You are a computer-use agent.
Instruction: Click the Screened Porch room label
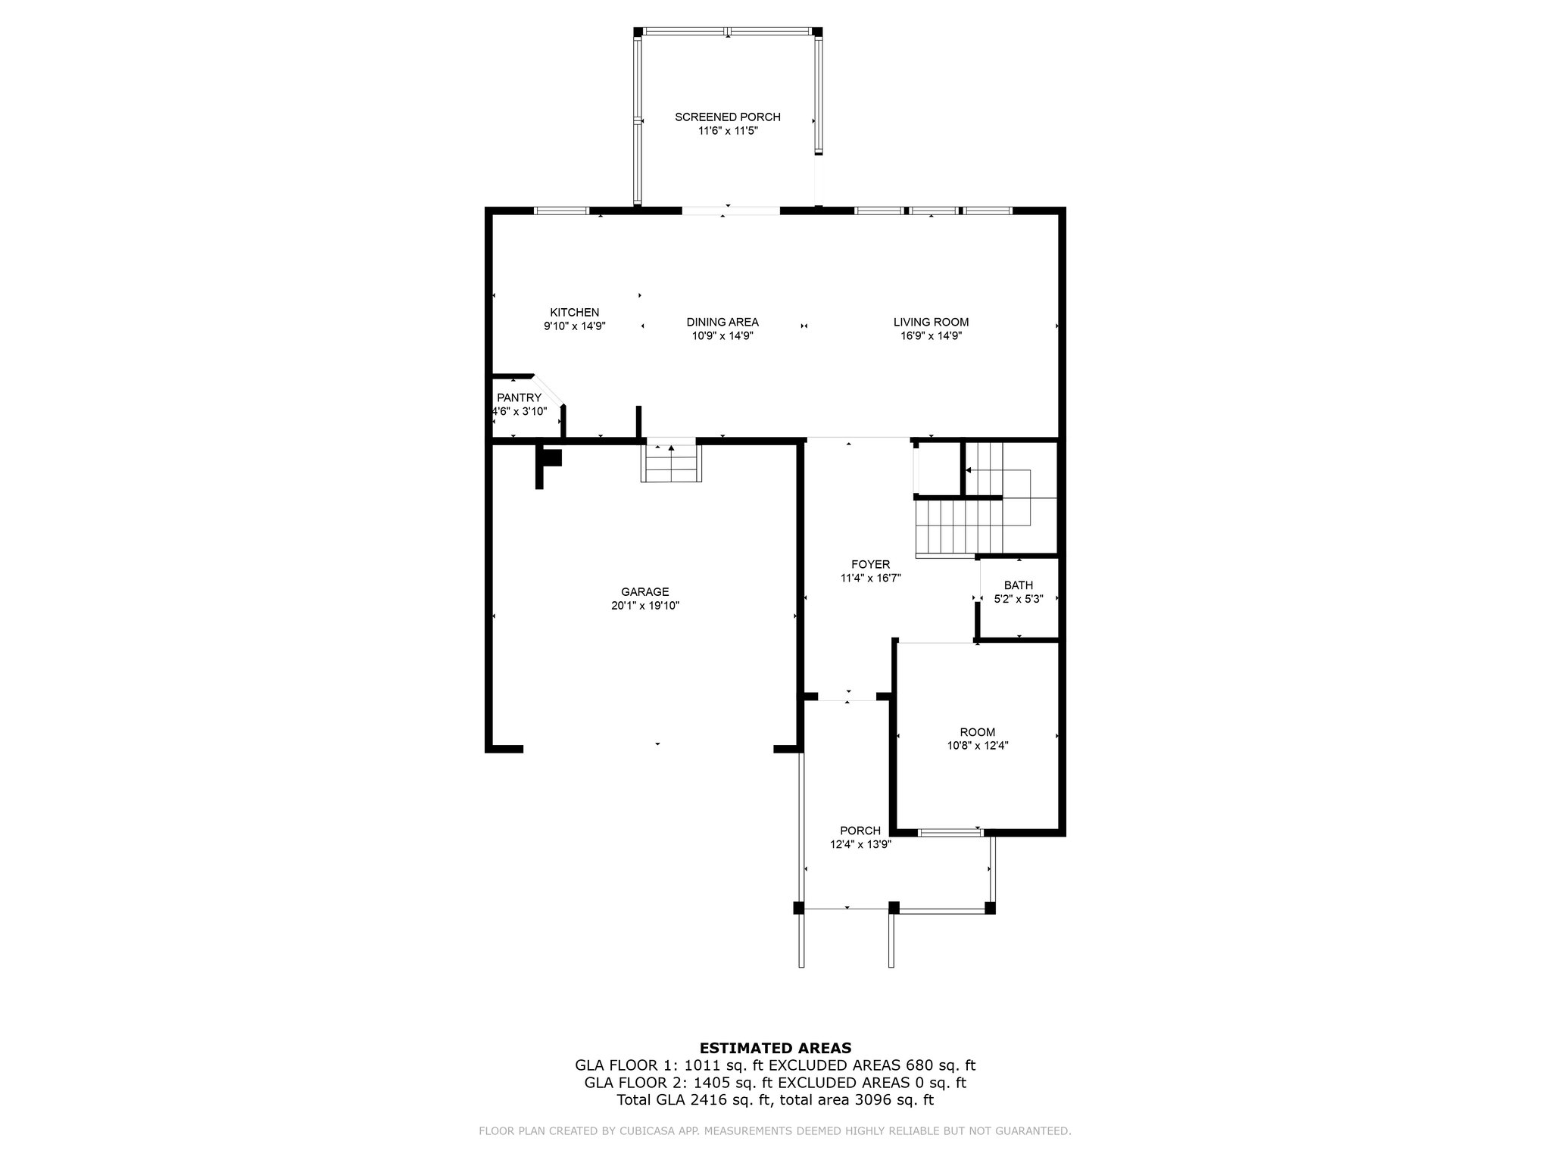pyautogui.click(x=728, y=117)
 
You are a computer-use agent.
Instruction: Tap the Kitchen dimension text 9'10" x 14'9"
pyautogui.click(x=575, y=326)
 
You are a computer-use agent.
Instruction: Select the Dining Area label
pyautogui.click(x=722, y=322)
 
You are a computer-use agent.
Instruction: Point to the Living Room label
pyautogui.click(x=931, y=322)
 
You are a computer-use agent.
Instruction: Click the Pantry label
pyautogui.click(x=519, y=398)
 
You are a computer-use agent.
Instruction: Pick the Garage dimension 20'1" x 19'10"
pyautogui.click(x=645, y=606)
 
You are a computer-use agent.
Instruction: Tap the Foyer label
pyautogui.click(x=870, y=564)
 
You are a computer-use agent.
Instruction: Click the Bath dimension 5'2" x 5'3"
pyautogui.click(x=1019, y=599)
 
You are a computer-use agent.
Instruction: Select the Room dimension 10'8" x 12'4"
pyautogui.click(x=978, y=746)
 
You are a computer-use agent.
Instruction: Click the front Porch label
pyautogui.click(x=860, y=831)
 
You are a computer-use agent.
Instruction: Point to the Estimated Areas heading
pyautogui.click(x=775, y=1049)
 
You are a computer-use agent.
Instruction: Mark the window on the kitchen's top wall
pyautogui.click(x=562, y=210)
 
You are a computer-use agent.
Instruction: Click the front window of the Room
pyautogui.click(x=950, y=833)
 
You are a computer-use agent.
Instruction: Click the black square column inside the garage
pyautogui.click(x=553, y=458)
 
